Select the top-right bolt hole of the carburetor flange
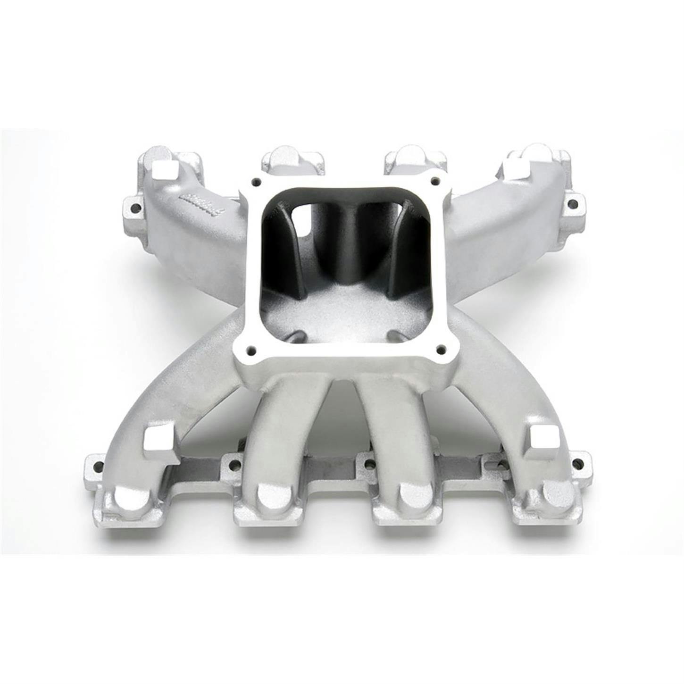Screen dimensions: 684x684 pos(433,180)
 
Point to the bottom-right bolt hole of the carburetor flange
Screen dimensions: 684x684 pos(442,349)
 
